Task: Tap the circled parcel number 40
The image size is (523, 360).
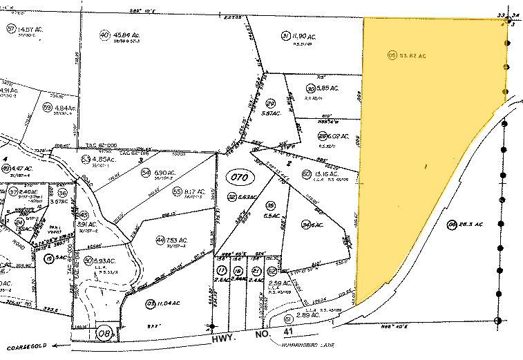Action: [x=104, y=35]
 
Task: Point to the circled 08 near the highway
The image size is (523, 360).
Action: [x=105, y=333]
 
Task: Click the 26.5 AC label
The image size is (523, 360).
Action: [x=465, y=224]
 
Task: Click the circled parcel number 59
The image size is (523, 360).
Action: [x=48, y=108]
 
